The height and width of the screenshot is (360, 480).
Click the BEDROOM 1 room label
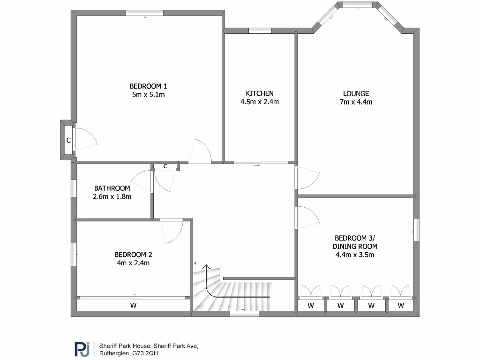point(148,86)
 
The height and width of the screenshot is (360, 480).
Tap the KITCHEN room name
point(259,93)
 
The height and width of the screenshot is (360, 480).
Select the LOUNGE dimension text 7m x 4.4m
point(356,102)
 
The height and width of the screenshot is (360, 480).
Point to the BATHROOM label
point(112,188)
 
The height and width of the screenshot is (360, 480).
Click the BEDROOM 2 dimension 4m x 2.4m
point(133,263)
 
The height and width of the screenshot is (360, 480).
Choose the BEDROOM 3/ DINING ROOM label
point(354,242)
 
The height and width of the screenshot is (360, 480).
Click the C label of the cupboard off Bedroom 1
point(68,140)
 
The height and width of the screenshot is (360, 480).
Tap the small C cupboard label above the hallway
point(165,166)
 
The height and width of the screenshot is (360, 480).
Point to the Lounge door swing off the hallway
point(307,177)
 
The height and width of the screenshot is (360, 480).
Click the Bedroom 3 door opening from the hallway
point(307,218)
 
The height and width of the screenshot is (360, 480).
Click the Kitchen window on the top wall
point(259,31)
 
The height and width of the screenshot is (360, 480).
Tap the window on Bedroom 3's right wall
point(416,230)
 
